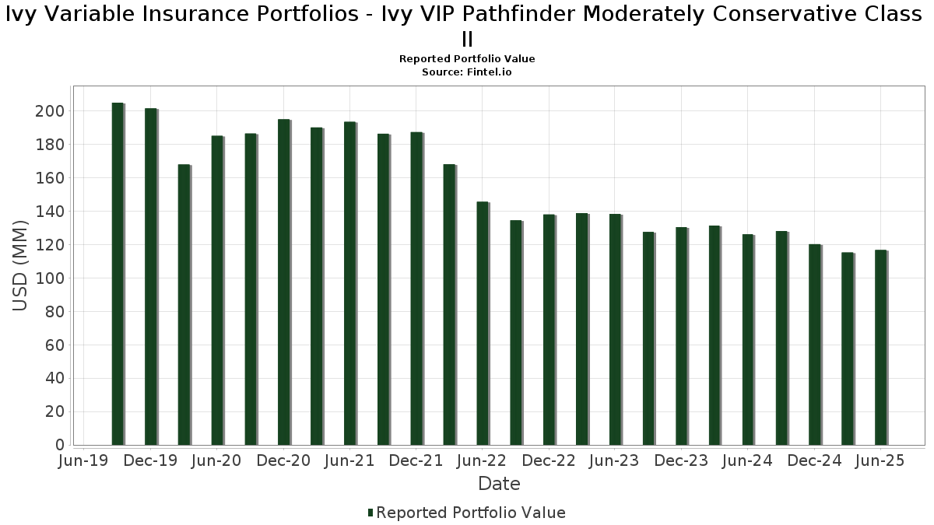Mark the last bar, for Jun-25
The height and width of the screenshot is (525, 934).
point(880,347)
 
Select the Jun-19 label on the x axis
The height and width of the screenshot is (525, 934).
point(84,461)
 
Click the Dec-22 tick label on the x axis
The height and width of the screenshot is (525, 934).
point(549,461)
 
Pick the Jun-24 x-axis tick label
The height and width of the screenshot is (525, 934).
point(747,461)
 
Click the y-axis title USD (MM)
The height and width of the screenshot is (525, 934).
point(21,266)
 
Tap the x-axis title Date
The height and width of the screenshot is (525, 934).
point(499,484)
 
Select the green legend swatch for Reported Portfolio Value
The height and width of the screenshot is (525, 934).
point(370,513)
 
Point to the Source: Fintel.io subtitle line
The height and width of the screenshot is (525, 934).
point(467,72)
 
